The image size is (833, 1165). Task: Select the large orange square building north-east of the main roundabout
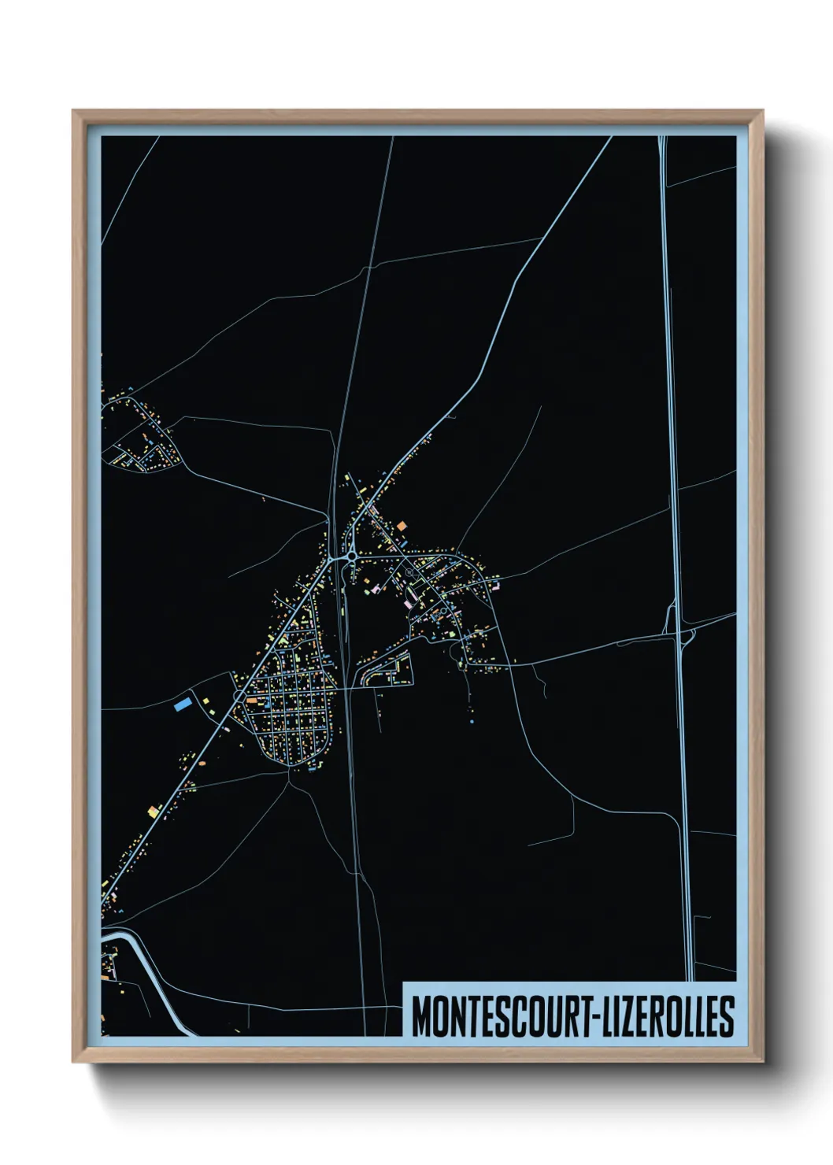click(x=401, y=525)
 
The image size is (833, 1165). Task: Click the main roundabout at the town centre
click(x=350, y=557)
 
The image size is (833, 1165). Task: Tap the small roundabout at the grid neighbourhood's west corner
click(x=239, y=696)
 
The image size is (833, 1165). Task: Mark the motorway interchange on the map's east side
click(x=680, y=629)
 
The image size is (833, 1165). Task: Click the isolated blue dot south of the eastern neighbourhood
click(x=472, y=721)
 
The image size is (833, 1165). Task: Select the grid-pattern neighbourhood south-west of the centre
click(x=291, y=708)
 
